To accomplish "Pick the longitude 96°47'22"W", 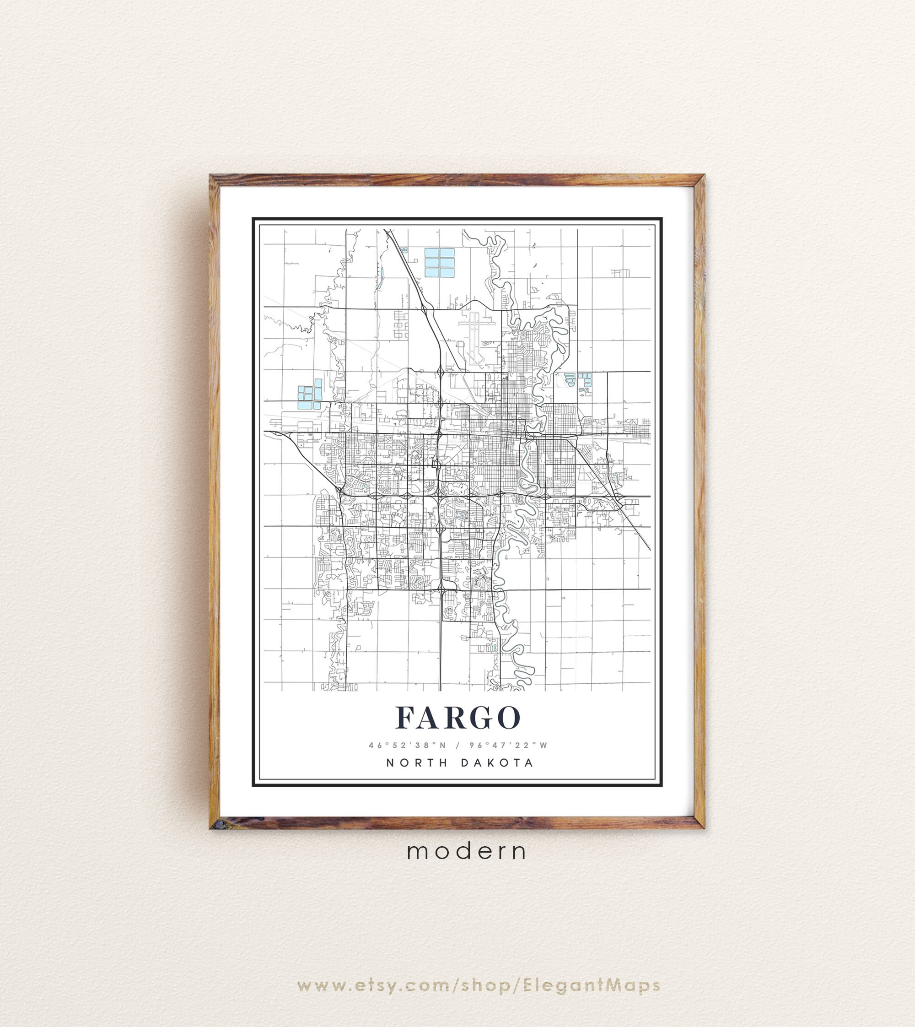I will [508, 746].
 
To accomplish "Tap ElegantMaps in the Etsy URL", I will [591, 957].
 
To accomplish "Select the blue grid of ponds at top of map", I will [439, 263].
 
